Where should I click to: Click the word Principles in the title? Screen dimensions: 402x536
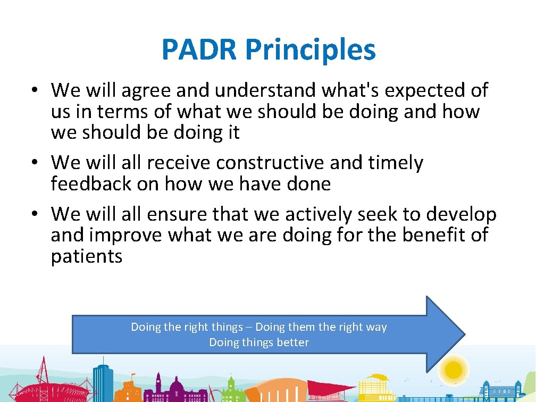311,51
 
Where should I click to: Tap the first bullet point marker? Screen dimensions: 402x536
33,90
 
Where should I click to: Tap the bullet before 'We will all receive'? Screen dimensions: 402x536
33,162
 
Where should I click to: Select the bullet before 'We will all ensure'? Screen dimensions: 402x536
33,214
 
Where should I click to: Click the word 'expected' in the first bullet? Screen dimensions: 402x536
421,91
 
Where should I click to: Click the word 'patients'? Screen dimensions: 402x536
87,257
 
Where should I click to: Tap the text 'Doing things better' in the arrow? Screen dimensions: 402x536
259,342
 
